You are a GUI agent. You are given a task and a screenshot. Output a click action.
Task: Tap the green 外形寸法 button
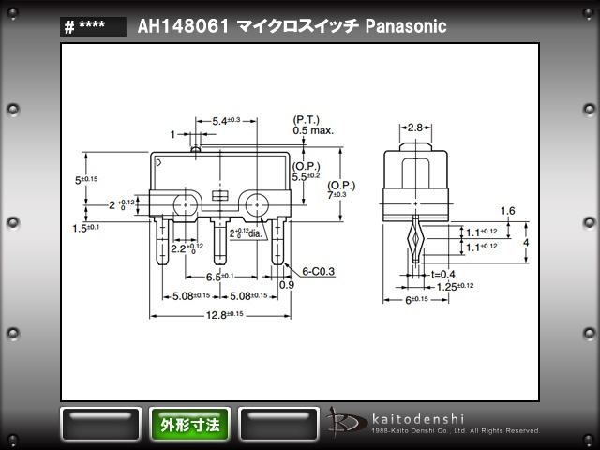click(x=190, y=425)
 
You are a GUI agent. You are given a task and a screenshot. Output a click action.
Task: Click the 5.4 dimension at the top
click(x=226, y=120)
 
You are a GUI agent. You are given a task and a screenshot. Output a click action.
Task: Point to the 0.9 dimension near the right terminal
click(x=286, y=284)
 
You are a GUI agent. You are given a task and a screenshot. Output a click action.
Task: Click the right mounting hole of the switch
click(x=256, y=202)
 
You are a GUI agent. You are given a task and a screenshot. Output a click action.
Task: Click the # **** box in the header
click(x=93, y=27)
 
